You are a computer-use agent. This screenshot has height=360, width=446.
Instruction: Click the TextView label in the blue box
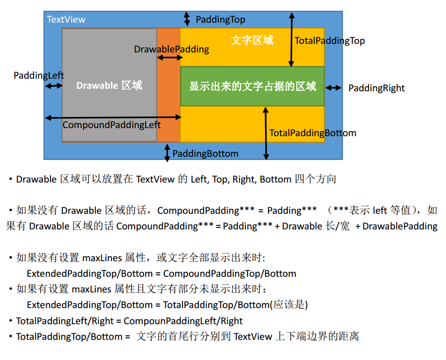(66, 20)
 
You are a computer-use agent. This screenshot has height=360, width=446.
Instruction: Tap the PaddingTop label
(220, 20)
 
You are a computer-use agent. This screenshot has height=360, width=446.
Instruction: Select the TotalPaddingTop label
(330, 41)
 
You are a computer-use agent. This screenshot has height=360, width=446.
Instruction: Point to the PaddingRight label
(376, 88)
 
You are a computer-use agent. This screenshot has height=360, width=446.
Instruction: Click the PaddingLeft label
(39, 76)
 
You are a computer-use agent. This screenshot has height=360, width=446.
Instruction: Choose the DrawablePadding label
(171, 49)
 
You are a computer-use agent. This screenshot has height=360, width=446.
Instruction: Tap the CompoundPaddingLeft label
(111, 125)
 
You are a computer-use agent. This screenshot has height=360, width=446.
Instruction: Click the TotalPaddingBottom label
(312, 133)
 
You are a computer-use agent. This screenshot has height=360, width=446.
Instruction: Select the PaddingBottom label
(205, 153)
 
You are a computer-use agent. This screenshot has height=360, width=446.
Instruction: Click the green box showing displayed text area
(252, 86)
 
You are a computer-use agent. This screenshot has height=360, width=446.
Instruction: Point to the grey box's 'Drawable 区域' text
(109, 85)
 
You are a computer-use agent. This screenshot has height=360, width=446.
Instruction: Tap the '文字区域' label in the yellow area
(252, 40)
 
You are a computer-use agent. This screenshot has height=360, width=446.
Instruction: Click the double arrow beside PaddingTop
(187, 19)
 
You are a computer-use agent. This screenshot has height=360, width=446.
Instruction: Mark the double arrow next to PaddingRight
(333, 88)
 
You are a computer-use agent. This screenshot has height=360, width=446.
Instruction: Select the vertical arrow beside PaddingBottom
(167, 153)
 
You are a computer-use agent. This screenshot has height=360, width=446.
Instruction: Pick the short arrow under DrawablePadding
(169, 58)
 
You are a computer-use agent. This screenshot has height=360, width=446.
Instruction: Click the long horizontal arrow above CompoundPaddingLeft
(113, 117)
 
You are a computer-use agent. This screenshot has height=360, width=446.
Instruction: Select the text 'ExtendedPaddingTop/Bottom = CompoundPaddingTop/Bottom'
(161, 274)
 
